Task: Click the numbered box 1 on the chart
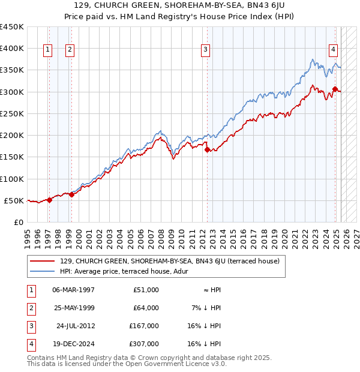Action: click(47, 50)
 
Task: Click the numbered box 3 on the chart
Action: click(206, 50)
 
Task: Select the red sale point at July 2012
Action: click(207, 150)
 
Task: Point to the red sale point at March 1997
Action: click(49, 200)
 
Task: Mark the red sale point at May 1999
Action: click(71, 194)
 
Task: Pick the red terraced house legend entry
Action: click(170, 261)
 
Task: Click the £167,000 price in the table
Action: click(144, 326)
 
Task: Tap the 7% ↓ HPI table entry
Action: click(206, 308)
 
